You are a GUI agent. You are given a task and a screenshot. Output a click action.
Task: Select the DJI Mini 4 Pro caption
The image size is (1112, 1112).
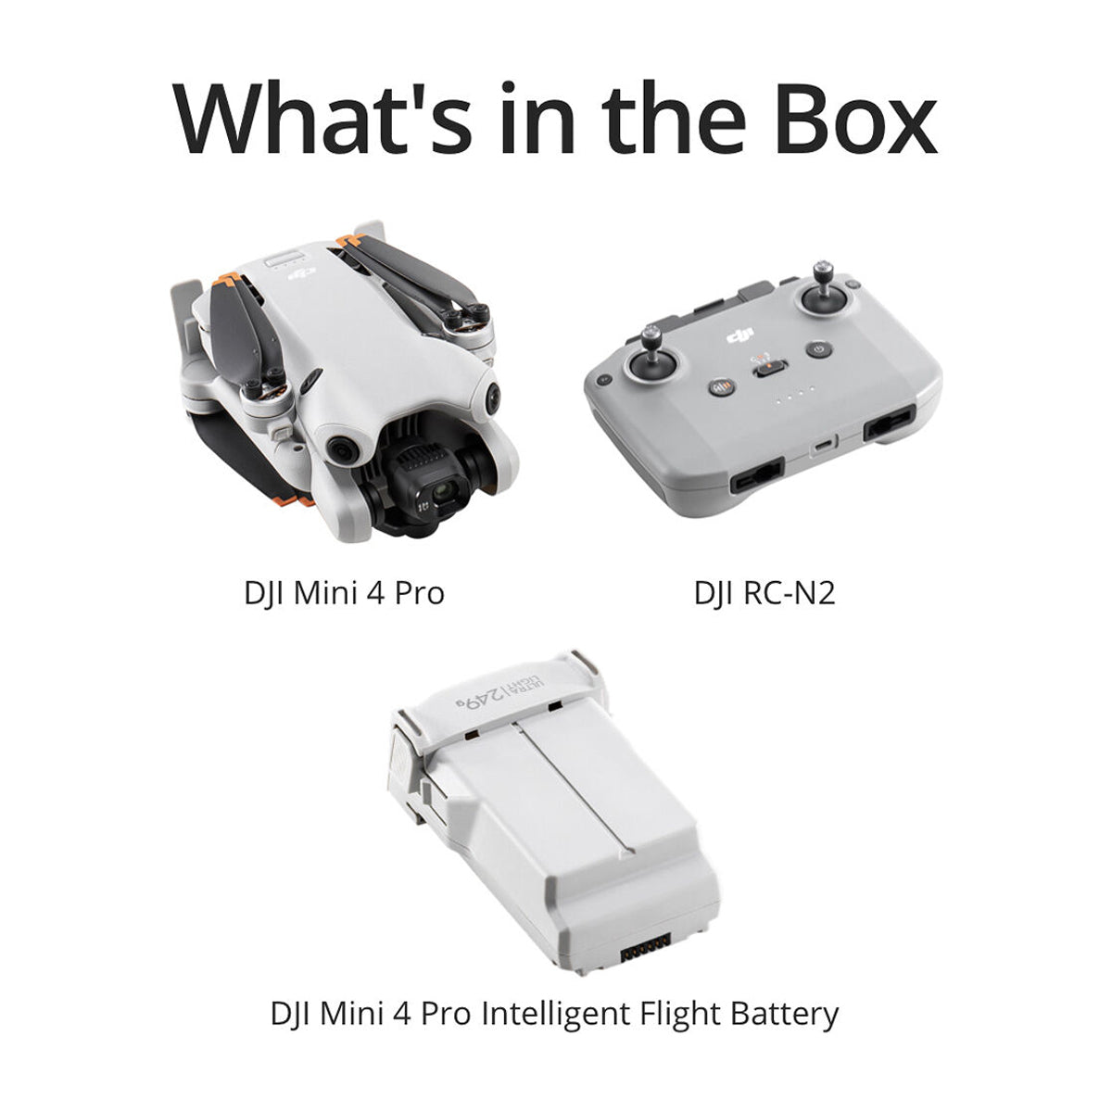(345, 593)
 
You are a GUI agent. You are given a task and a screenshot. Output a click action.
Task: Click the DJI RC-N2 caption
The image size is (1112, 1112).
(764, 593)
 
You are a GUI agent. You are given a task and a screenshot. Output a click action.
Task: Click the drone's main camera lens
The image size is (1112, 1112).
(443, 491)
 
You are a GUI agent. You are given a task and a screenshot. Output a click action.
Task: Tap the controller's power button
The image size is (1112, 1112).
(819, 349)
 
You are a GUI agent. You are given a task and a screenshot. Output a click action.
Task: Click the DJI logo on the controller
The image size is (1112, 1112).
(739, 335)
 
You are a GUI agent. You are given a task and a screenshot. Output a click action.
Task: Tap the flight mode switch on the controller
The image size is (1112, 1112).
(770, 368)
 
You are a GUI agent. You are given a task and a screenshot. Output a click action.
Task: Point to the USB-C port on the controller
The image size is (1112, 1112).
(824, 445)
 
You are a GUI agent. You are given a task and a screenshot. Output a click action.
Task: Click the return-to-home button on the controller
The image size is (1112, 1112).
(721, 387)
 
